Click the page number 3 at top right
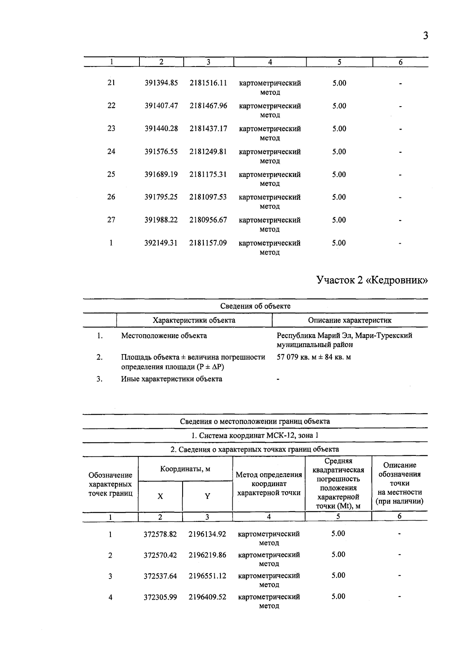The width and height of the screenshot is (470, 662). (x=425, y=36)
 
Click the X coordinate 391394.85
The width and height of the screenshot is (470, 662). (x=161, y=83)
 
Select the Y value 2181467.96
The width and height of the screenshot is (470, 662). (x=208, y=106)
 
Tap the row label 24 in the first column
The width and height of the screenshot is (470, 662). (x=111, y=152)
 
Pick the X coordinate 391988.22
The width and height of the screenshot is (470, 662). (x=161, y=220)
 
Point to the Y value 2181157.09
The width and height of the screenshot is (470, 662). (x=208, y=243)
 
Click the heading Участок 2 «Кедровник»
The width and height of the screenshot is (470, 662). (x=372, y=280)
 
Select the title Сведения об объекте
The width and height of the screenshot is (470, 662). (x=255, y=306)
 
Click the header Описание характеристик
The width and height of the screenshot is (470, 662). (x=349, y=320)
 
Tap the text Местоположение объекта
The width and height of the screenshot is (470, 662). (x=164, y=336)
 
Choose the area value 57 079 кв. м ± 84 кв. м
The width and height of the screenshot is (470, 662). (x=314, y=357)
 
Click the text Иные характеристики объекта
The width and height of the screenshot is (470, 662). (x=171, y=379)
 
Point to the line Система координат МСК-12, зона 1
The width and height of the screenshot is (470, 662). (x=255, y=436)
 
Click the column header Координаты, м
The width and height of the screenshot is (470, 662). (x=185, y=469)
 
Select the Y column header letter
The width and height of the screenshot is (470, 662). (x=207, y=496)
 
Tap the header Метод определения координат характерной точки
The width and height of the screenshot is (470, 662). (x=269, y=484)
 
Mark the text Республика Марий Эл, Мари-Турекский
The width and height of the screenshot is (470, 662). (x=344, y=336)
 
